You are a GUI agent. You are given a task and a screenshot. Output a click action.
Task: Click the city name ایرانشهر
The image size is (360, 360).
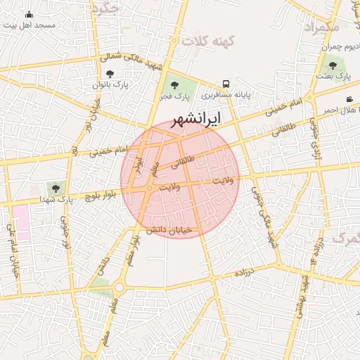pyautogui.click(x=196, y=117)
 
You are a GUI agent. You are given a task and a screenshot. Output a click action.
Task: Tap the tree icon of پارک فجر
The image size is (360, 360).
pyautogui.click(x=174, y=86)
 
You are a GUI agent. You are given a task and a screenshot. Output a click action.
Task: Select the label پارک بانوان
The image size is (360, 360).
pyautogui.click(x=110, y=84)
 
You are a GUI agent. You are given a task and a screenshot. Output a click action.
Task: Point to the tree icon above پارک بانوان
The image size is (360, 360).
pyautogui.click(x=109, y=73)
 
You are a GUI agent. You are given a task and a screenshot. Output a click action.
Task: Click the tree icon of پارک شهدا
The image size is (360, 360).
pyautogui.click(x=55, y=188)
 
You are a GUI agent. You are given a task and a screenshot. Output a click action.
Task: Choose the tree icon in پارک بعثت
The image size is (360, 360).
pyautogui.click(x=333, y=65)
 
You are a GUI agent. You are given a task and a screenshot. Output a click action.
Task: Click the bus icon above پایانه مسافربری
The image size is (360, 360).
pyautogui.click(x=226, y=83)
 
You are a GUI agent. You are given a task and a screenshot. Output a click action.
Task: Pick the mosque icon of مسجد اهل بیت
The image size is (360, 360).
pyautogui.click(x=29, y=14)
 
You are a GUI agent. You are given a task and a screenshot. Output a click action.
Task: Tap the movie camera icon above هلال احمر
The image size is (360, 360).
pyautogui.click(x=349, y=99)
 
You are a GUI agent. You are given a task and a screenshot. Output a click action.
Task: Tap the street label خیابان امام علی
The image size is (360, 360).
pyautogui.click(x=12, y=250)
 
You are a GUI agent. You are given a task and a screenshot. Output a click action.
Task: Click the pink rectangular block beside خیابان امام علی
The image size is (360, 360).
pyautogui.click(x=21, y=223)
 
